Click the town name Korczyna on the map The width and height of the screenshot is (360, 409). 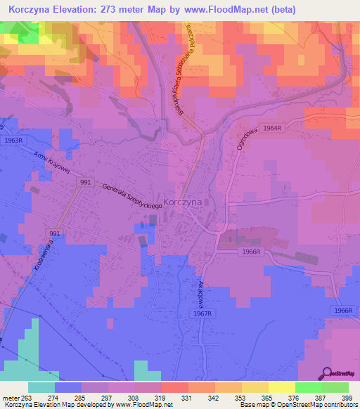[x=182, y=201]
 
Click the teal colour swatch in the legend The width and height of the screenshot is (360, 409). [x=41, y=387]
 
